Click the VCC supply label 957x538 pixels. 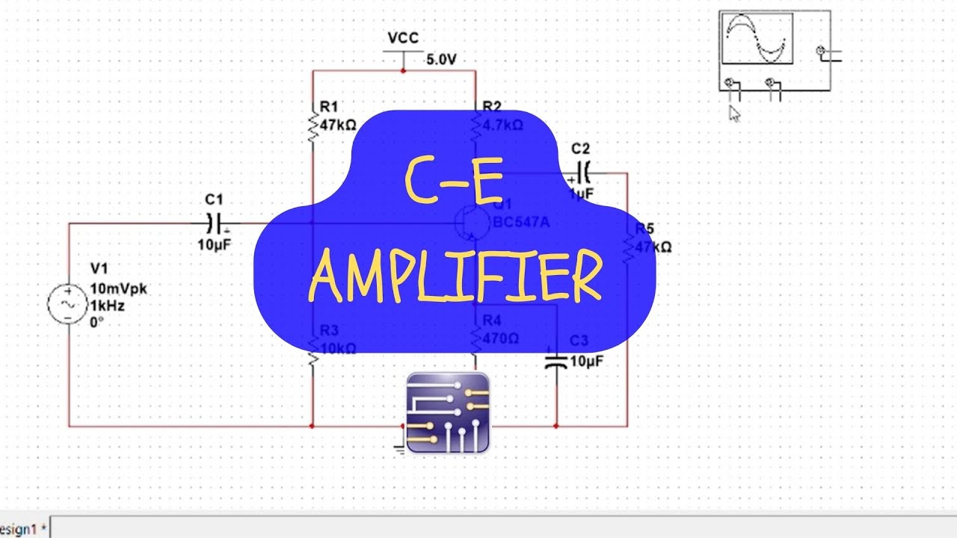point(403,38)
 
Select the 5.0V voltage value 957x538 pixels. point(441,59)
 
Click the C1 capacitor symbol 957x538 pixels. point(214,222)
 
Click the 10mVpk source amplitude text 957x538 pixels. point(118,289)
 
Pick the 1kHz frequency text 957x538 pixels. point(107,306)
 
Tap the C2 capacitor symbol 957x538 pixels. point(584,173)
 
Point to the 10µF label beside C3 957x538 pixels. point(585,361)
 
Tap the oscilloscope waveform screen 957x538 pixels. point(757,39)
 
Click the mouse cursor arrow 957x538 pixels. point(734,113)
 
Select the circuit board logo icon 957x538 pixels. point(448,412)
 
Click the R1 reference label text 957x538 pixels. point(328,107)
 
